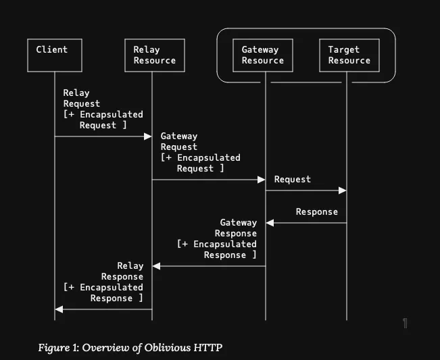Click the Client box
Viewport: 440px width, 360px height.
pyautogui.click(x=55, y=55)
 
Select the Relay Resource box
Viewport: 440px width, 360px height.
pyautogui.click(x=152, y=55)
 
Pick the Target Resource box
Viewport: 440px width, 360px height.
pyautogui.click(x=349, y=55)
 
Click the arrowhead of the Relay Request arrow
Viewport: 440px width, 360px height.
pyautogui.click(x=148, y=136)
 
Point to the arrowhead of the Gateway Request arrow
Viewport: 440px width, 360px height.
pyautogui.click(x=261, y=180)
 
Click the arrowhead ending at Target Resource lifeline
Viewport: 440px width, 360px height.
pyautogui.click(x=343, y=190)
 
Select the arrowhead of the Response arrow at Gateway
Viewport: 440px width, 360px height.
pyautogui.click(x=270, y=223)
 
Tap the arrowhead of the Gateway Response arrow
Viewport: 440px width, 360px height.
pyautogui.click(x=157, y=266)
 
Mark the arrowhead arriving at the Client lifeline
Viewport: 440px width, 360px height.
pyautogui.click(x=59, y=309)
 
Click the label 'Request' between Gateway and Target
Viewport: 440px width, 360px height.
pyautogui.click(x=293, y=179)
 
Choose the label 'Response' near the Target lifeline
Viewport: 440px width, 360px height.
pyautogui.click(x=316, y=211)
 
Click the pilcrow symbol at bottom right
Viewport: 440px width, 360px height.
pyautogui.click(x=405, y=324)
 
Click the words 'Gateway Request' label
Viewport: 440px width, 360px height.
pyautogui.click(x=179, y=141)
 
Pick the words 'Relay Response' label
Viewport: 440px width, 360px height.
pyautogui.click(x=123, y=271)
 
